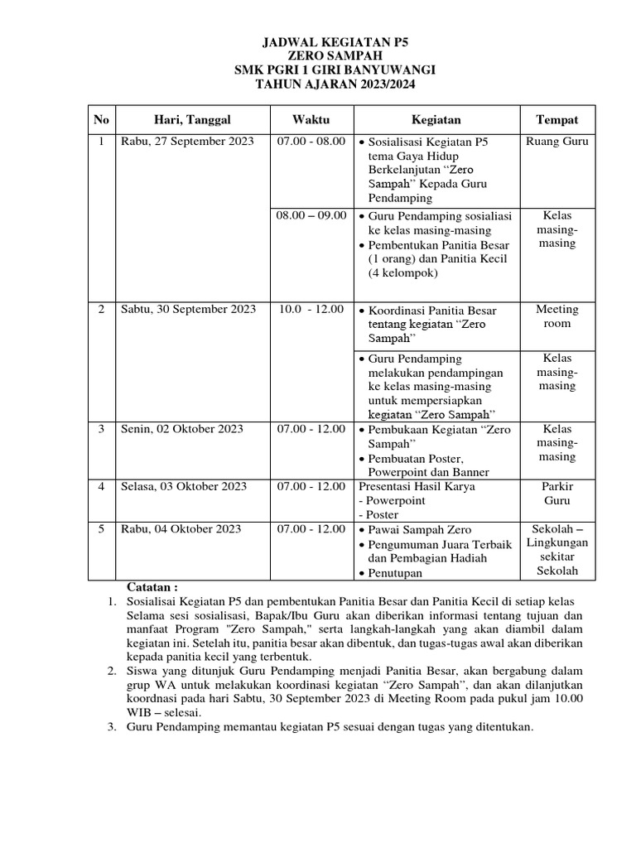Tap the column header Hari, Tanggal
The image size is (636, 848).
pyautogui.click(x=187, y=120)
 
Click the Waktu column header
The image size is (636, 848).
pyautogui.click(x=311, y=120)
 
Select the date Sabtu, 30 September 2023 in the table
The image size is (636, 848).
pyautogui.click(x=189, y=310)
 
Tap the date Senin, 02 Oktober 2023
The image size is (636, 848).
pyautogui.click(x=182, y=429)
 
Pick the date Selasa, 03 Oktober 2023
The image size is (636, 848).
pyautogui.click(x=184, y=486)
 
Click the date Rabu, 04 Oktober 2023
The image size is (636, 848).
pyautogui.click(x=181, y=528)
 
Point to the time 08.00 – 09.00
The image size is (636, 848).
pyautogui.click(x=311, y=215)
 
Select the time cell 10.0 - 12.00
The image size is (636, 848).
pyautogui.click(x=311, y=310)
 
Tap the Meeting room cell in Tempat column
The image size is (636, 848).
pyautogui.click(x=556, y=316)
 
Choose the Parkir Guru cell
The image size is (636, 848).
pyautogui.click(x=556, y=494)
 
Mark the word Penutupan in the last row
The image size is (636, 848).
pyautogui.click(x=395, y=573)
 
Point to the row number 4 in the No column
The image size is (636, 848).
pyautogui.click(x=101, y=486)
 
